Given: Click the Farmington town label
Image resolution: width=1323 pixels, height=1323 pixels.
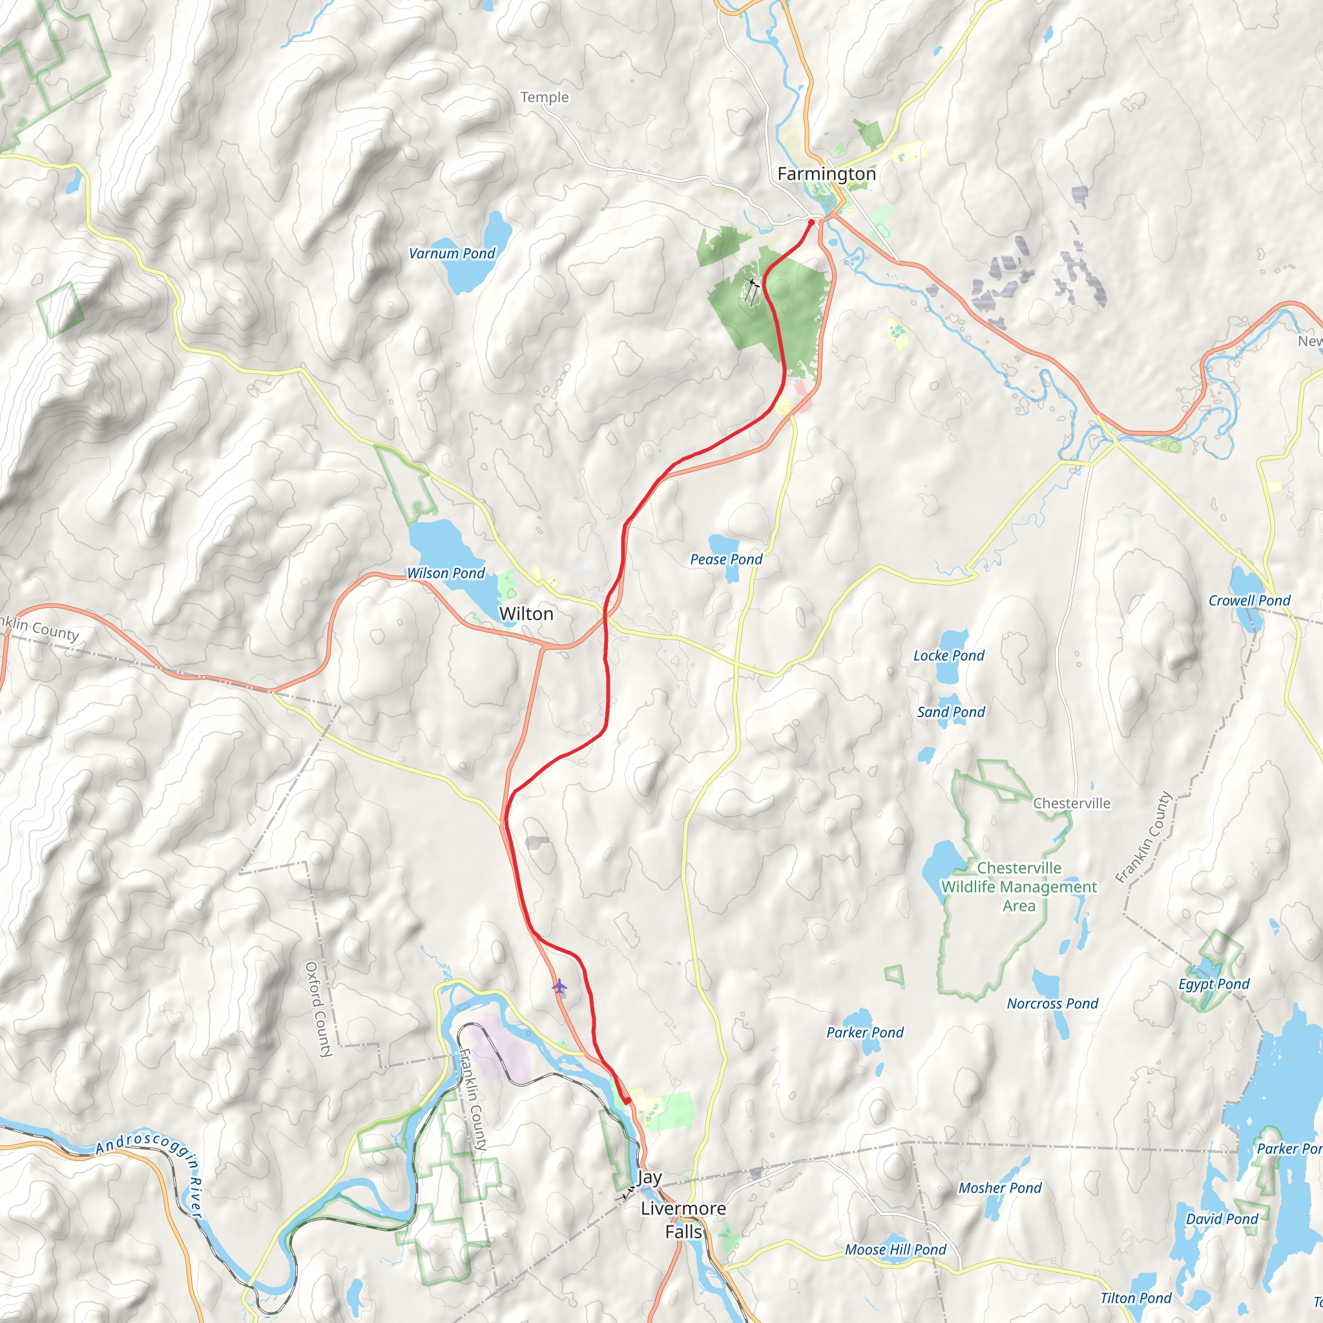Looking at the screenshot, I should [x=826, y=174].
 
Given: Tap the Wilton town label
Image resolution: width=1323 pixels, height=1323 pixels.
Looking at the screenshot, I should [x=526, y=614].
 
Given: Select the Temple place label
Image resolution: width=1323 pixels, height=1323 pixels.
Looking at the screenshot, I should [x=545, y=98].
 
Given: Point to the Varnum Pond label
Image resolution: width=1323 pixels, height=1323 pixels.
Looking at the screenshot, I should [x=452, y=253].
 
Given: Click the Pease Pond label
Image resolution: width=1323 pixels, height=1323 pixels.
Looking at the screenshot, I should [x=726, y=559].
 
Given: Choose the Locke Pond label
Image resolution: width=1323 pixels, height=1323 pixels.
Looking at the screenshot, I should [x=948, y=655].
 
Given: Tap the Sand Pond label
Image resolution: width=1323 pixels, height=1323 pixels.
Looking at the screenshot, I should [x=950, y=712].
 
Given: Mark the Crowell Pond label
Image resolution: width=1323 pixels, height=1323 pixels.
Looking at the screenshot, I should [x=1249, y=601].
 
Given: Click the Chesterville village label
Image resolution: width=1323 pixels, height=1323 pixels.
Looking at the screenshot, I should [x=1072, y=803].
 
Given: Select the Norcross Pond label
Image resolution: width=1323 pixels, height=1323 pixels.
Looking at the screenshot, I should [x=1052, y=1003].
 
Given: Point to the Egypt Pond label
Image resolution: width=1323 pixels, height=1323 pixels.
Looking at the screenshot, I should [x=1213, y=984].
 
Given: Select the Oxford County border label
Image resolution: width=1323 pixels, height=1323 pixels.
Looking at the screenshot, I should [x=318, y=1010].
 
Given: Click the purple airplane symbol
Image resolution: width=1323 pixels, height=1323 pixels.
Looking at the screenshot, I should [x=559, y=987].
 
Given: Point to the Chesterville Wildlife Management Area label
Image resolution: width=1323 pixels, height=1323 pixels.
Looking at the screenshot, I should [x=1019, y=887].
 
